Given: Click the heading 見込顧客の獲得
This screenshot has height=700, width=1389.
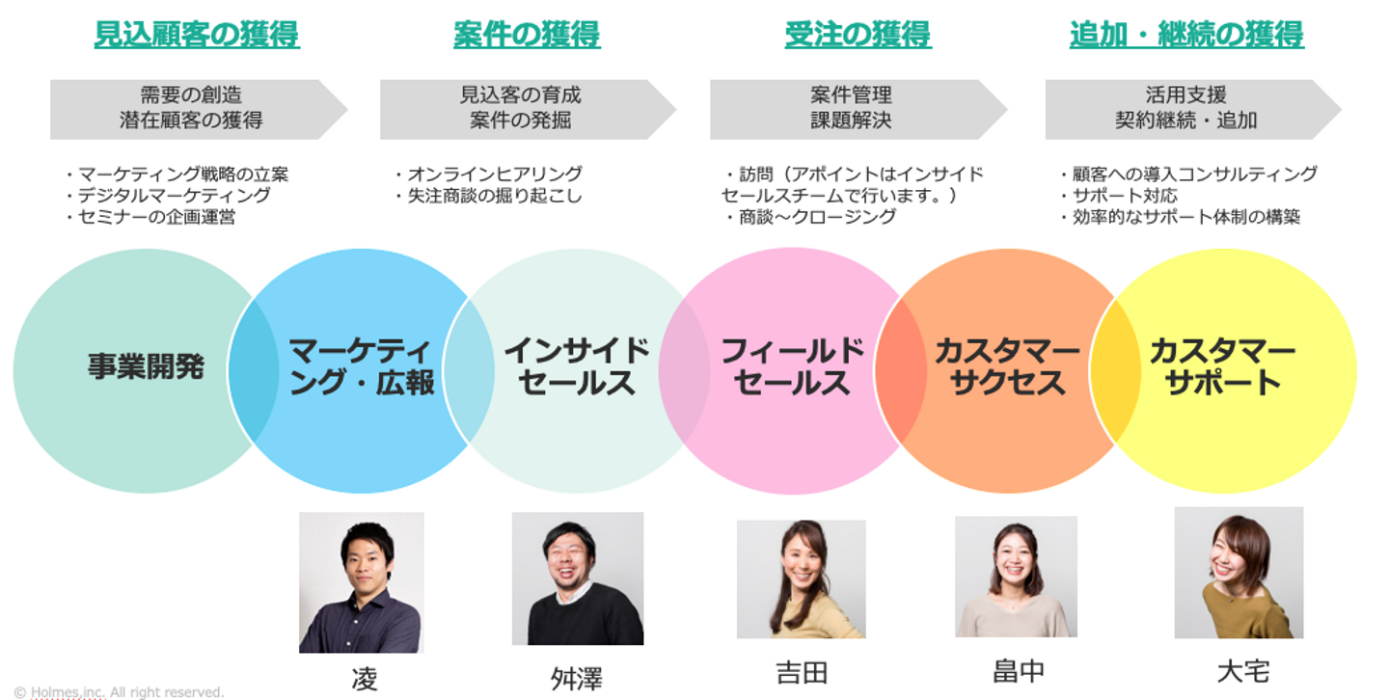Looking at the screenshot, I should tap(197, 35).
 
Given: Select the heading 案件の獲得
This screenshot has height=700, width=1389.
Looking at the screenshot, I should tap(527, 35).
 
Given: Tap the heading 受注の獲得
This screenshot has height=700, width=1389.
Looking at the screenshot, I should tap(858, 35).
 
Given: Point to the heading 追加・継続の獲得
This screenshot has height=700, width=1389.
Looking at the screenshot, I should tap(1186, 35).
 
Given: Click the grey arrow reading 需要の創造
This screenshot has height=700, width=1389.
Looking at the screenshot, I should tap(193, 108).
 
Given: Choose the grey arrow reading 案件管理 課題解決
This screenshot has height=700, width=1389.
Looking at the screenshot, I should tap(853, 108).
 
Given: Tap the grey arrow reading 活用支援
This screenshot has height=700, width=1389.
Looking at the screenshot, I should tap(1187, 108).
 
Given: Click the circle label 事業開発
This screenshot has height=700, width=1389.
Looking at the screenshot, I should tap(146, 366).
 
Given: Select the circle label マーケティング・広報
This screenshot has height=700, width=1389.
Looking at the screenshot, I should tap(362, 366).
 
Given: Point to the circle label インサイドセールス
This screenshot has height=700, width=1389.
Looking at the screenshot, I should tap(577, 366).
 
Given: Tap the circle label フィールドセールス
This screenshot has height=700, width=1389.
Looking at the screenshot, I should tap(792, 366).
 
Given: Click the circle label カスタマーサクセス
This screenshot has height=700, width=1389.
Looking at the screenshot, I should tap(1007, 366).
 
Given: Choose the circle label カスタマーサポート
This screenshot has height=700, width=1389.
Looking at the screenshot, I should tap(1222, 366).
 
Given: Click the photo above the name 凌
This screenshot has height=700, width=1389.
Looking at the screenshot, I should tap(362, 581).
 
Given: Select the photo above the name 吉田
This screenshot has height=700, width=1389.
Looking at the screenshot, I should tap(801, 579).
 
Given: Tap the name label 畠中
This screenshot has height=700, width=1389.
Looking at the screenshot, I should tap(1018, 671).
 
